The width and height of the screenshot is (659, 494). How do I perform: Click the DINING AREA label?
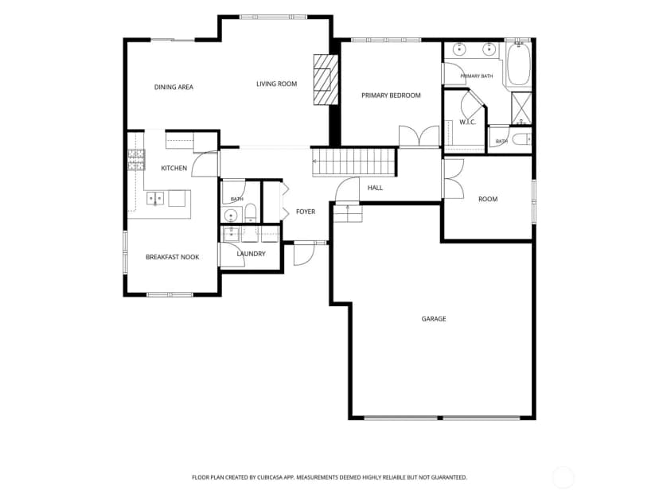point(174,88)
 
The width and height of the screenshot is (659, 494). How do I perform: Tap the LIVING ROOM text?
point(276,84)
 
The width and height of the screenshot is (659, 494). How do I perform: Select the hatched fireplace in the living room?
point(326,80)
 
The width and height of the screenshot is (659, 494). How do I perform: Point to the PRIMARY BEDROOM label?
point(391,95)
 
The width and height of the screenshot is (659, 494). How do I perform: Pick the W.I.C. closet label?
point(467,123)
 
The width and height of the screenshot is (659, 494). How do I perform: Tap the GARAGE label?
point(434,319)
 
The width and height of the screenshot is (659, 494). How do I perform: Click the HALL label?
point(375,188)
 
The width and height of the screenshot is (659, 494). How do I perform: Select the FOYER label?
point(306,212)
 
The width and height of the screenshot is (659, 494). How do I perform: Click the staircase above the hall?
point(354,161)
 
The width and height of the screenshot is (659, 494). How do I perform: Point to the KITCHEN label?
point(174,168)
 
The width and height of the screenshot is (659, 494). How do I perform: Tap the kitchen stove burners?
point(136,160)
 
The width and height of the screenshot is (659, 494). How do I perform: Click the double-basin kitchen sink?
point(155,198)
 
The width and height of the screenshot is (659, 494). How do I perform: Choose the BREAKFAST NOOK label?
point(173,257)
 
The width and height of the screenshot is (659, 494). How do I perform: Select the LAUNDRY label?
point(251,254)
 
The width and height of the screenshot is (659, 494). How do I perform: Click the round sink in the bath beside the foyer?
point(230,216)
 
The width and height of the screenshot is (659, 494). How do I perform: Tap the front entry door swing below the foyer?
point(304,254)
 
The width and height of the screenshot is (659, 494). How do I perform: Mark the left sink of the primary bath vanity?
point(460,49)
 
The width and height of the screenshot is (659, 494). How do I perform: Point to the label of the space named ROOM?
point(488,199)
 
